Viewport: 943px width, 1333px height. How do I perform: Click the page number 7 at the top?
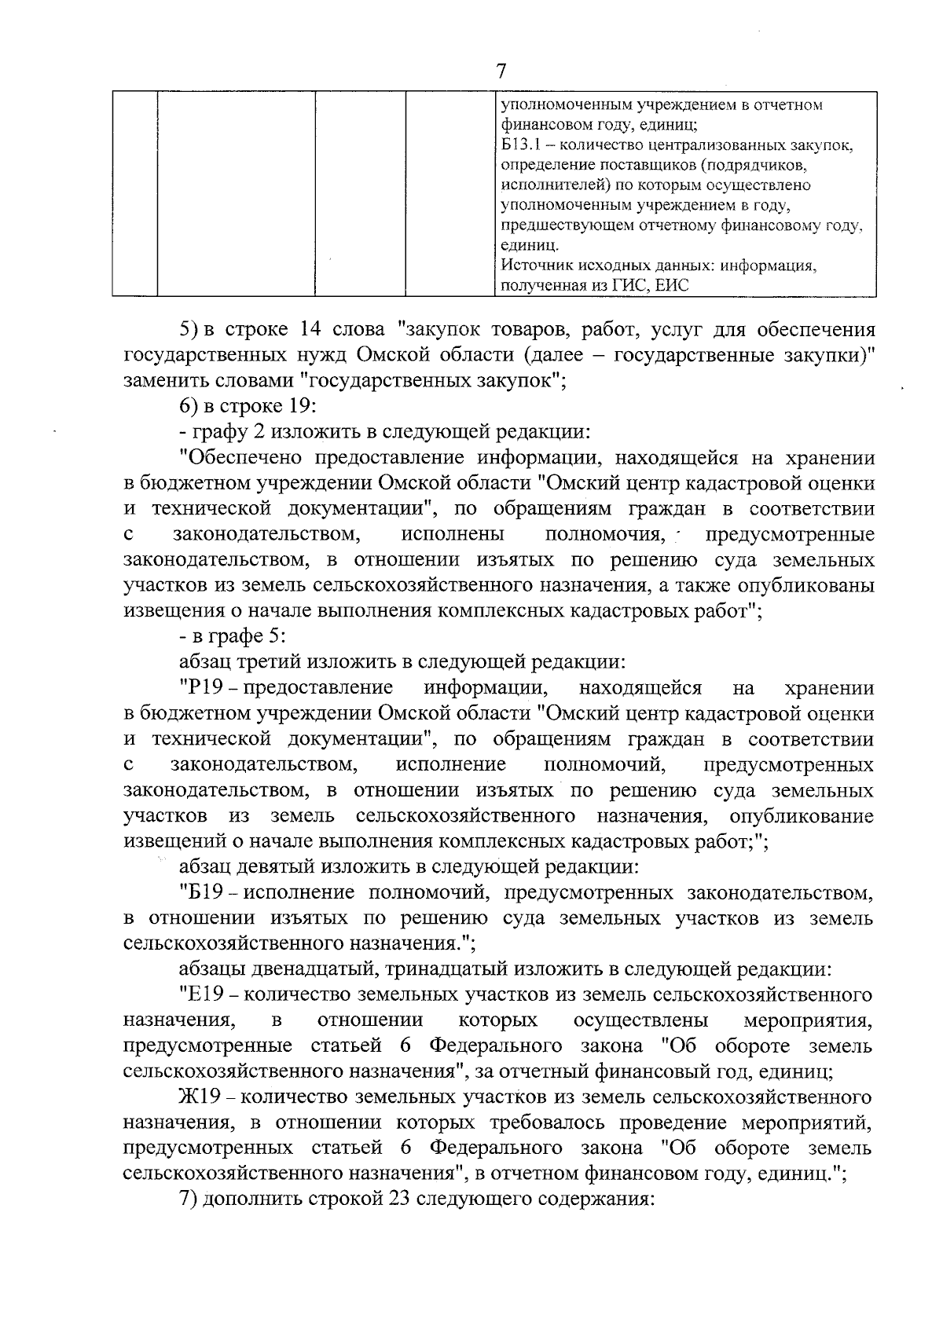(x=501, y=71)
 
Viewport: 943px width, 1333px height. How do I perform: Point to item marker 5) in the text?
(x=190, y=329)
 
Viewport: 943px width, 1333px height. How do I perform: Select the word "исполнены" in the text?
(x=453, y=535)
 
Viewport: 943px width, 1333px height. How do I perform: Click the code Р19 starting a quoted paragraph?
(x=204, y=688)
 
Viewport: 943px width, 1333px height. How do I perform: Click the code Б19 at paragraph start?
(x=204, y=893)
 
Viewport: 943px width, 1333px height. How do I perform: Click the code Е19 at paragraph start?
(x=204, y=995)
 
